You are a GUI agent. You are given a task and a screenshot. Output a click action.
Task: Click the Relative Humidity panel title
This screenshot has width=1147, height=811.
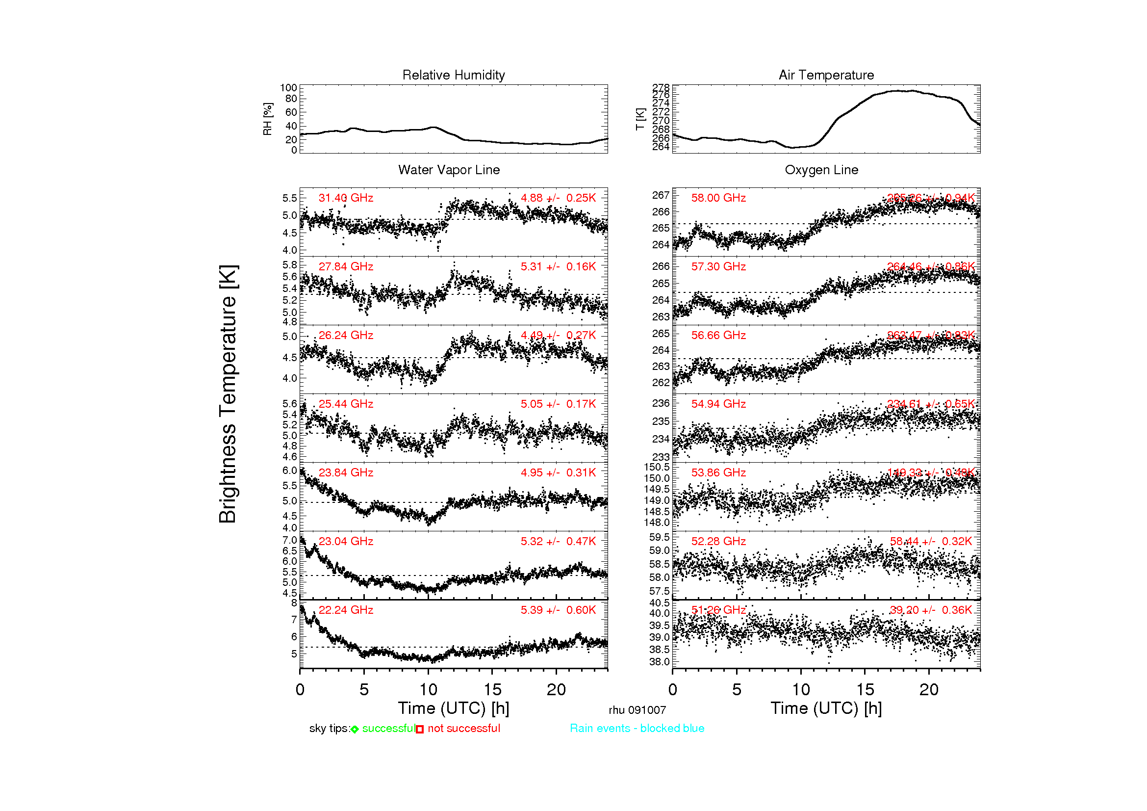[x=454, y=75]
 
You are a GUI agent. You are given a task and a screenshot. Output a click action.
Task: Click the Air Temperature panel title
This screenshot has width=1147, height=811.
[x=826, y=75]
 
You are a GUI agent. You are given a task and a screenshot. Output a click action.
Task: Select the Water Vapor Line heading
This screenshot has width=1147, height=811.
[x=449, y=170]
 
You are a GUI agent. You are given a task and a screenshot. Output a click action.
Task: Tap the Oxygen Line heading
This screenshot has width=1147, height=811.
[x=821, y=170]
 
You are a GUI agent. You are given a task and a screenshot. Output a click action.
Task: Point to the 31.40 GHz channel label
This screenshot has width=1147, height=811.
[x=346, y=198]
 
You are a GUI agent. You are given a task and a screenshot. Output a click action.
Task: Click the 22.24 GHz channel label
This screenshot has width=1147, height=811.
[x=346, y=610]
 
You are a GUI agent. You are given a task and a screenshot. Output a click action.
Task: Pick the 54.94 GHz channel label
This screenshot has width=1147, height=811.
[x=718, y=404]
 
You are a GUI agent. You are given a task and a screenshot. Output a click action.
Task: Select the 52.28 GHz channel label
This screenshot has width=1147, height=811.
[x=718, y=541]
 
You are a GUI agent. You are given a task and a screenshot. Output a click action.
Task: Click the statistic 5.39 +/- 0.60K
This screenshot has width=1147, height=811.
[x=558, y=610]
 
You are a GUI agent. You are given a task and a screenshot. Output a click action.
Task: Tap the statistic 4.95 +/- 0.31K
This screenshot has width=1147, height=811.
[x=558, y=472]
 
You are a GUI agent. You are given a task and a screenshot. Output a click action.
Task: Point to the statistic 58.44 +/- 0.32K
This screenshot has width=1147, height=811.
[x=931, y=541]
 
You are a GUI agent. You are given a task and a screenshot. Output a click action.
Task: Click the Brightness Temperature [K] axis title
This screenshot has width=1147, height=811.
[x=228, y=394]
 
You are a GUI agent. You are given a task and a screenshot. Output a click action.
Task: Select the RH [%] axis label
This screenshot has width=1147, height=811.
[x=268, y=119]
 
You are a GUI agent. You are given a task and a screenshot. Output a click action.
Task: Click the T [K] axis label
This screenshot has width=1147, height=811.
[x=640, y=119]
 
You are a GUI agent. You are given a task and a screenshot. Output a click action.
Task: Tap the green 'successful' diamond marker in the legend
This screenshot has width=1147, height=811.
[x=355, y=730]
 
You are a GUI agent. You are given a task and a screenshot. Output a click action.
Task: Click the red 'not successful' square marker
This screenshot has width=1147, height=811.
[x=420, y=730]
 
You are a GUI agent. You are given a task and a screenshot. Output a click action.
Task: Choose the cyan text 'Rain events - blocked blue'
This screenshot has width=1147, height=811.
[x=637, y=728]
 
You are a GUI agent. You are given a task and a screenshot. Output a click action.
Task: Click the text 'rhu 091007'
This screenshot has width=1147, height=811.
[x=637, y=710]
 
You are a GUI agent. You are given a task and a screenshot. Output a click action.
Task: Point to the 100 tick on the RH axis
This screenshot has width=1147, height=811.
[x=288, y=88]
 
